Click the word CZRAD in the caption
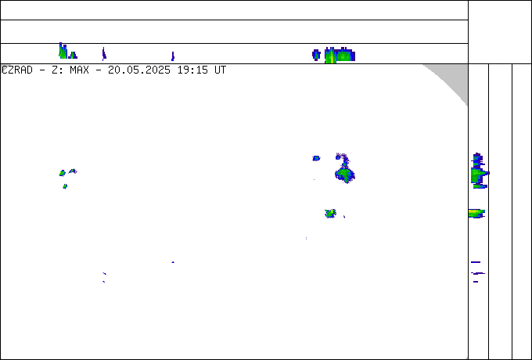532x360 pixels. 17,70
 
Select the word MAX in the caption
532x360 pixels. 79,70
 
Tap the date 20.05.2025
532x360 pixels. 139,70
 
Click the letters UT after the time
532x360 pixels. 220,70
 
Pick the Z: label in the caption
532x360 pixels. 57,70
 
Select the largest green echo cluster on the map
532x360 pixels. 345,175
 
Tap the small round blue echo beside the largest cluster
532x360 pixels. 316,158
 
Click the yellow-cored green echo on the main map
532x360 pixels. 330,214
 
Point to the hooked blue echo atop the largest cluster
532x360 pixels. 342,158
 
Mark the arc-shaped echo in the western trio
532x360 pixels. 73,171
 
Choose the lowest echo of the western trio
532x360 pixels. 65,186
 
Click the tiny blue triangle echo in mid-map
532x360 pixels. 173,262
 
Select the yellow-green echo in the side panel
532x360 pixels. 476,214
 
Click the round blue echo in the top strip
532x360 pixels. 316,55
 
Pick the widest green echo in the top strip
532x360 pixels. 340,56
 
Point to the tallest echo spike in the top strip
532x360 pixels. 63,51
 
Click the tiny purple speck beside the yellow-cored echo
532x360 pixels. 344,217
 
